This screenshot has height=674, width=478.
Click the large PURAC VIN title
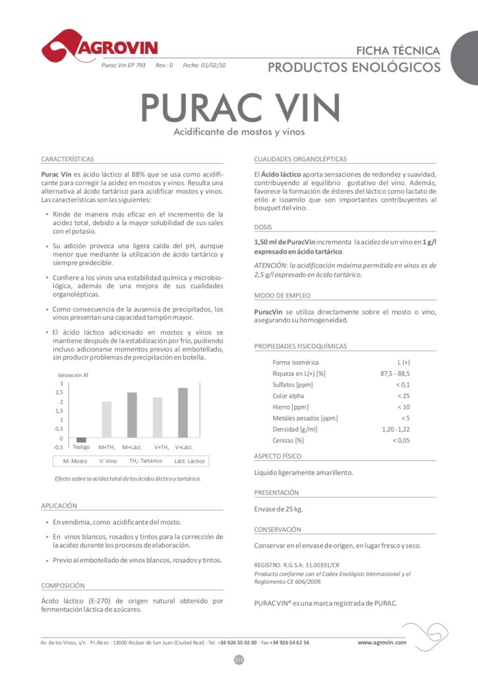point(240,107)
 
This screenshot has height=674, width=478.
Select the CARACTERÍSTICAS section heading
point(67,159)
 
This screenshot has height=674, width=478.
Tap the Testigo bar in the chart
point(81,440)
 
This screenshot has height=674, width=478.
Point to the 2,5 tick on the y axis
point(61,392)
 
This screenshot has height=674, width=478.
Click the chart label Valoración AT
point(74,375)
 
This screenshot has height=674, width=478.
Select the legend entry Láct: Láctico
point(189,461)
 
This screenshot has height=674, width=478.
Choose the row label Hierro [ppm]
point(291,407)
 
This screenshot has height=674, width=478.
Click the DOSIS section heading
point(263,227)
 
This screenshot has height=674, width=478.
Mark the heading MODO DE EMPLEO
point(282,296)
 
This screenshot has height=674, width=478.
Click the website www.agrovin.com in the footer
point(382,642)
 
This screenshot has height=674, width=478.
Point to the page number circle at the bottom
point(239,660)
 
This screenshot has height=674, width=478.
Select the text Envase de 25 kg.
point(279,509)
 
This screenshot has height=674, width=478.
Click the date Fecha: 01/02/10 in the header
point(204,66)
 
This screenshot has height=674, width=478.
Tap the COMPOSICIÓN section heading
point(63,585)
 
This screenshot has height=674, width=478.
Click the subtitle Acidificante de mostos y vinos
point(239,132)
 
